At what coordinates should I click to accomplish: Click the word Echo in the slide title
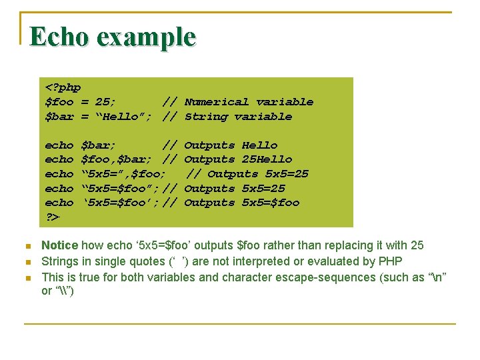tap(58, 37)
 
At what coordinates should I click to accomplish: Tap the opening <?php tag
tap(63, 87)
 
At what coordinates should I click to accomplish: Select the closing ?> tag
tap(52, 217)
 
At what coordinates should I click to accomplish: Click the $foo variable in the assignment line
tap(59, 102)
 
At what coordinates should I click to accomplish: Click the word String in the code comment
tap(205, 117)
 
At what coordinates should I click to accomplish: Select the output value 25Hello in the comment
tap(267, 159)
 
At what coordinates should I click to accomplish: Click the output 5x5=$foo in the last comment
tap(271, 203)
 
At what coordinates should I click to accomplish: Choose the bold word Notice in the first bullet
tap(59, 246)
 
